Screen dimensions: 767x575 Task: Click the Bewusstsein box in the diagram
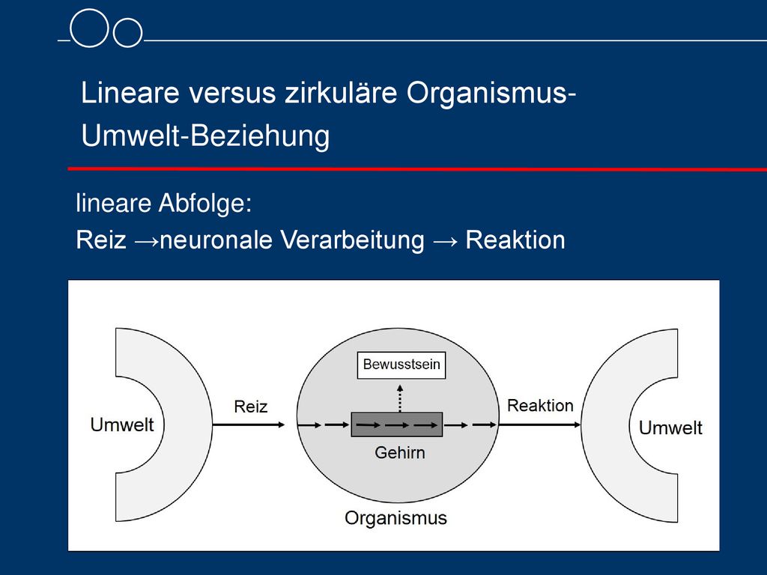401,365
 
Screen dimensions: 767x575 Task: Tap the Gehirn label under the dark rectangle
400,453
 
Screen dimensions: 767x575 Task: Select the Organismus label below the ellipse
395,518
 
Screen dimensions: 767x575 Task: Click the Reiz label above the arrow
250,407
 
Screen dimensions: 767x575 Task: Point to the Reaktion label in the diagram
540,405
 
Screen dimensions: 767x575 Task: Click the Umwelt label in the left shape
122,425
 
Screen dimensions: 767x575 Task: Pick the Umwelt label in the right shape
670,428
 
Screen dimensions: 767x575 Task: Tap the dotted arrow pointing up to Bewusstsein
400,398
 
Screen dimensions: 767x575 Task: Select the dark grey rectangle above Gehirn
397,425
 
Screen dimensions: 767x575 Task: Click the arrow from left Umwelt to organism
249,425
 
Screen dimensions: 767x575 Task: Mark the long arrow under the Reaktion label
539,425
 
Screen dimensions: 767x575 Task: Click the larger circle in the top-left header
89,28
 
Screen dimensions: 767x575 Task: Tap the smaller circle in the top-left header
127,33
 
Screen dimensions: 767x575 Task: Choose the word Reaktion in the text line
515,240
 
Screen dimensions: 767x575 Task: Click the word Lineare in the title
130,92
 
